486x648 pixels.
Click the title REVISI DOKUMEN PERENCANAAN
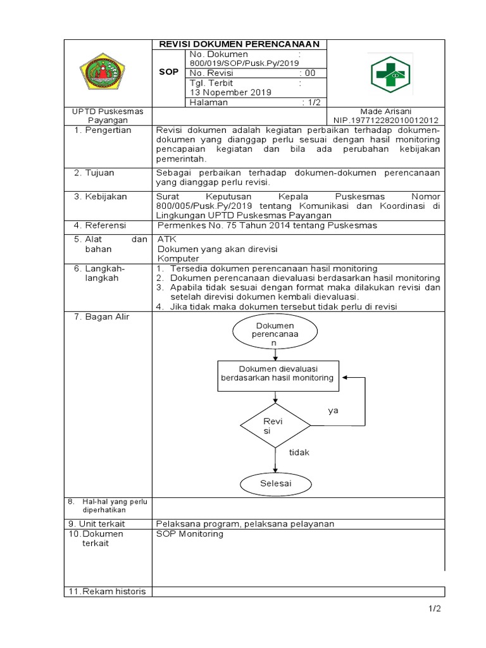(x=239, y=44)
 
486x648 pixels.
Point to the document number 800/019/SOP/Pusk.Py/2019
(x=244, y=63)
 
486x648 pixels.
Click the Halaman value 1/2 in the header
(x=312, y=103)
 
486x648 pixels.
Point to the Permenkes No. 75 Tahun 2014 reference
(x=267, y=225)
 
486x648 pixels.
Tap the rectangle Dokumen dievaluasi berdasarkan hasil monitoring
(x=277, y=373)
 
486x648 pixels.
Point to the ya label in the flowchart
(x=333, y=411)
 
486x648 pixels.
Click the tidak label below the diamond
(x=299, y=453)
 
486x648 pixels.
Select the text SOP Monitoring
(x=190, y=534)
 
